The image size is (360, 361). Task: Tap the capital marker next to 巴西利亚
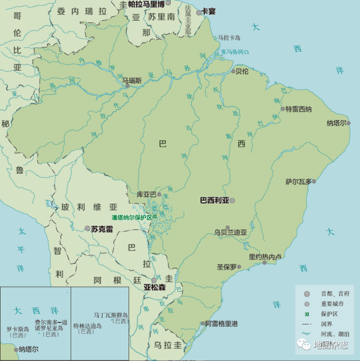pos(232,200)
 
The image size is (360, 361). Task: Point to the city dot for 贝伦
pos(233,71)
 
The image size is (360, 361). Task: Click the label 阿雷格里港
pos(221,324)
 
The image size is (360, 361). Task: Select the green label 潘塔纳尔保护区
pos(132,216)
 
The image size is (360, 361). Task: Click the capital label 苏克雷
pos(102,229)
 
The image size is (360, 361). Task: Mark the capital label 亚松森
pos(154,287)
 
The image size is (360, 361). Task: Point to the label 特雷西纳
pos(298,109)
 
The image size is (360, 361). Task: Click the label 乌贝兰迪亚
pos(230,232)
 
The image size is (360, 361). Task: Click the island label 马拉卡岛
pos(229,38)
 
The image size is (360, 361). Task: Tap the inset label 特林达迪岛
pos(87,326)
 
